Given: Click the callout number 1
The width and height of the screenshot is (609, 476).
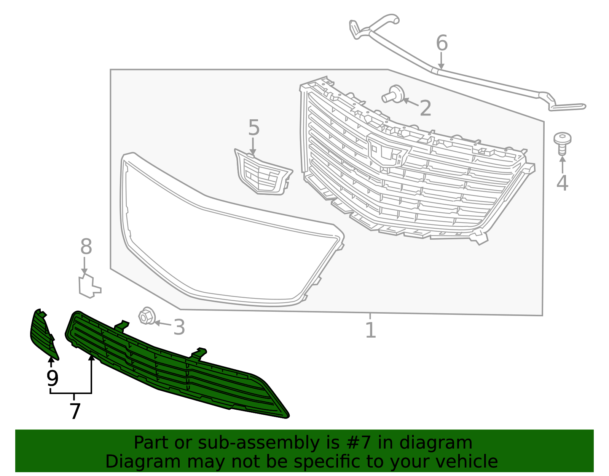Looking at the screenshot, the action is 370,330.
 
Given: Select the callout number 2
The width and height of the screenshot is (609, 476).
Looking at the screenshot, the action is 425,109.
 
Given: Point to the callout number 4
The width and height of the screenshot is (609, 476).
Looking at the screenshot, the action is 562,183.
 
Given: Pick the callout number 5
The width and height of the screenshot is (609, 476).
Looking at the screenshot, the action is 253,128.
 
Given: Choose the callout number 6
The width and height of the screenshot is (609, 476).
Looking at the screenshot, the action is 442,43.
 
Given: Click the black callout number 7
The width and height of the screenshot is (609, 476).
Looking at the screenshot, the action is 75,412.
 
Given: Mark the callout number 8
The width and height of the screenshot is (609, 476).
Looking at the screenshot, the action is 86,247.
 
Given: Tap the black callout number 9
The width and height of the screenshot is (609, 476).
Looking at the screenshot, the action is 52,378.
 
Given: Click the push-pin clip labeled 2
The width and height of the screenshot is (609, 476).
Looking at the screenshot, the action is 394,94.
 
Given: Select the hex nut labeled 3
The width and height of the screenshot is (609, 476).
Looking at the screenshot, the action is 145,316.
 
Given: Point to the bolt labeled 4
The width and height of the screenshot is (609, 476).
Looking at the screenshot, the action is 562,143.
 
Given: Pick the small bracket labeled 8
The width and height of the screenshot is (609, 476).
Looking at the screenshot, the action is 89,286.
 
